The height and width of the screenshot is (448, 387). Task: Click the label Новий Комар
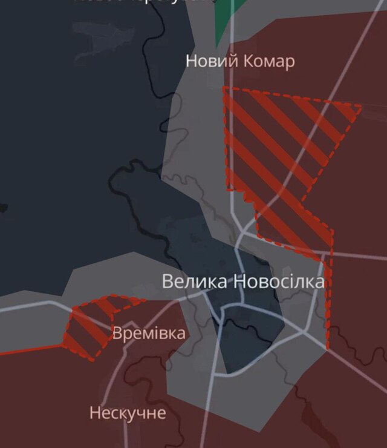pos(240,61)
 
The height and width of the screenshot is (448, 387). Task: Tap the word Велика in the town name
pos(195,282)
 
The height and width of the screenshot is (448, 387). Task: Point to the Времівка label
pos(149,333)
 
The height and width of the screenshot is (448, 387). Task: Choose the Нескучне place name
pos(127,413)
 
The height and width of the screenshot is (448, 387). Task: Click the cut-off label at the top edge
pos(145,2)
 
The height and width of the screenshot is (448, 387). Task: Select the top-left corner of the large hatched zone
pos(224,88)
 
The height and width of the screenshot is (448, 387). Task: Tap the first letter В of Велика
pos(167,282)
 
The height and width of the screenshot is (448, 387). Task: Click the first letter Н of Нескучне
pos(94,413)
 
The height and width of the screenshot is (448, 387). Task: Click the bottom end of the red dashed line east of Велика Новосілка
pos(327,348)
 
